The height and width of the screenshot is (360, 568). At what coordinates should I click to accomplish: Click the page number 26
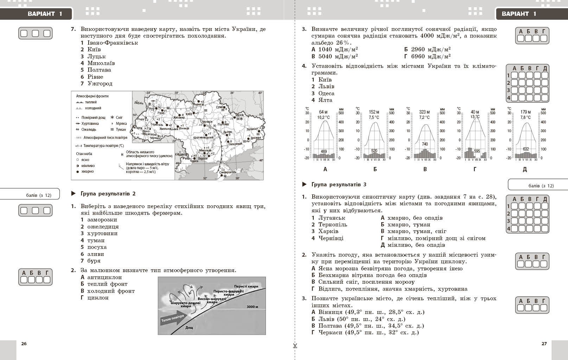click(24, 343)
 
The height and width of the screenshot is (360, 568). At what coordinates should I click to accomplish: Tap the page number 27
click(544, 343)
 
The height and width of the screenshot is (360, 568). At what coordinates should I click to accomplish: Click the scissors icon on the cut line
click(295, 345)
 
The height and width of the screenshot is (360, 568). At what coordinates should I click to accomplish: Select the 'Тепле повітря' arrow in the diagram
click(172, 319)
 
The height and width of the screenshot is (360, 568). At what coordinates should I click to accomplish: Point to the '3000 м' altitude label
click(252, 307)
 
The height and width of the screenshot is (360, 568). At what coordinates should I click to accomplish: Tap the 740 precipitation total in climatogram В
click(425, 144)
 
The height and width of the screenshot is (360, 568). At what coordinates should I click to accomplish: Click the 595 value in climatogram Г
click(477, 151)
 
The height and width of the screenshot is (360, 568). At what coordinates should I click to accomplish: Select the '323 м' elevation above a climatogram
click(425, 112)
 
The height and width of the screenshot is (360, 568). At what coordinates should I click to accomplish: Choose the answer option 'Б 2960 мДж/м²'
click(427, 50)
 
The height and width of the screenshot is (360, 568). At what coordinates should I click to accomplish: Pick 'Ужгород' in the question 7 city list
click(100, 84)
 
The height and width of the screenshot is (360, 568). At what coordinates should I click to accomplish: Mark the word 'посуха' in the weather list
click(97, 247)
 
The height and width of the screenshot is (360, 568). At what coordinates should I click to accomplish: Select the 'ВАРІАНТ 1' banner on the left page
click(45, 14)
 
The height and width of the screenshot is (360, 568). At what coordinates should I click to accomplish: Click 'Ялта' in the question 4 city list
click(325, 100)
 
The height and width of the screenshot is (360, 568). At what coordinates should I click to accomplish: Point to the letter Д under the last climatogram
click(525, 169)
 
